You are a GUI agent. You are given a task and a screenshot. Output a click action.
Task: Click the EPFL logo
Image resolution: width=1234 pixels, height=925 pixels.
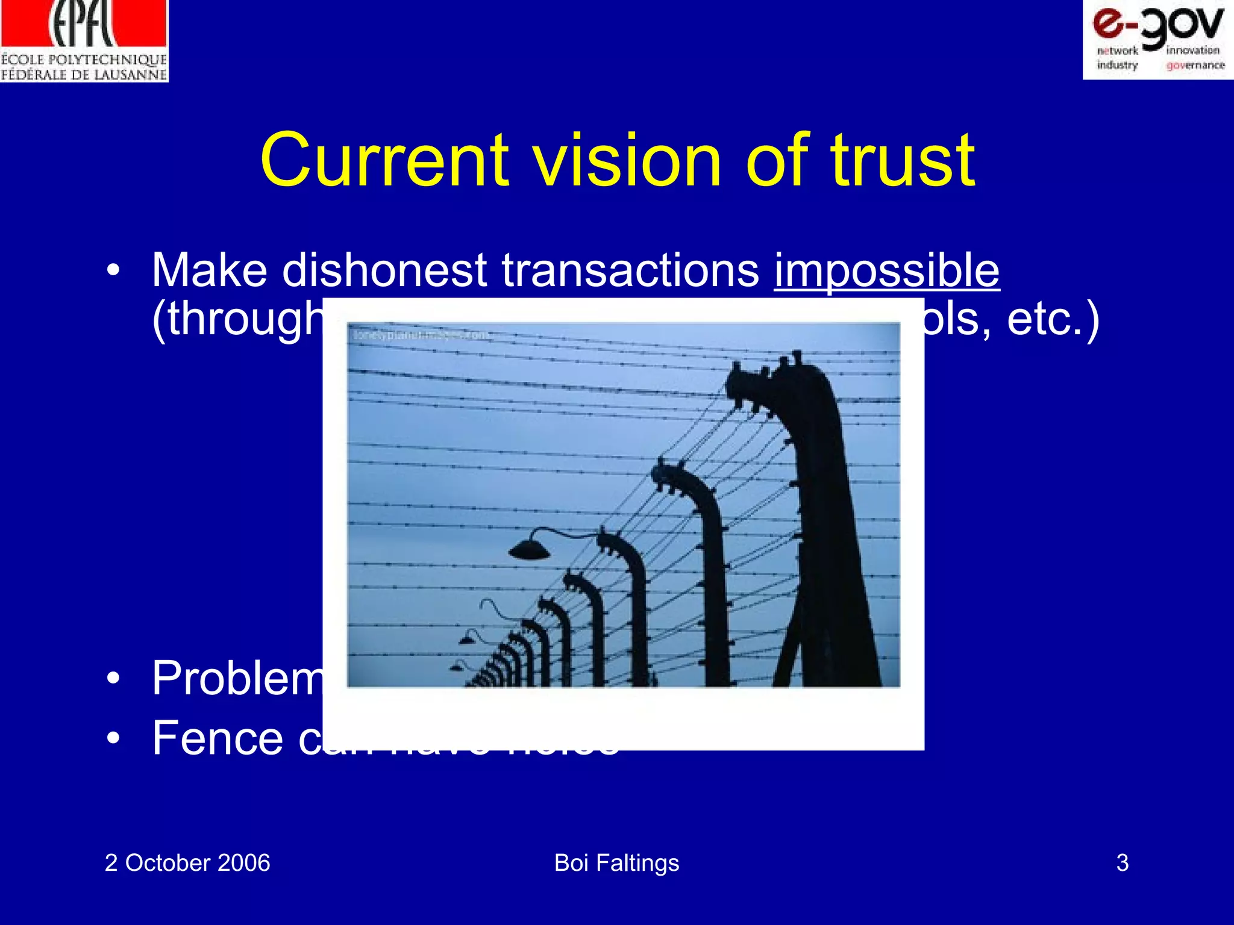tap(84, 40)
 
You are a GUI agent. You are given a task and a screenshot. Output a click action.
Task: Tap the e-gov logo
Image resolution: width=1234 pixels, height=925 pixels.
tap(1157, 39)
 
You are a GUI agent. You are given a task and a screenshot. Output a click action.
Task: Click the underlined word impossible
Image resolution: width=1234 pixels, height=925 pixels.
tap(886, 270)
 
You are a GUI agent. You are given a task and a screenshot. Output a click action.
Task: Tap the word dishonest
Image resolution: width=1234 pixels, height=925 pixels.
tap(384, 270)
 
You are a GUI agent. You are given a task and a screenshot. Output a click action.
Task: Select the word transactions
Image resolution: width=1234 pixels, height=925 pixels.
tap(630, 270)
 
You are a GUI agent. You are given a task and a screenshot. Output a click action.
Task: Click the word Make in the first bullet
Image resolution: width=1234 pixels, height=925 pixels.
tap(209, 270)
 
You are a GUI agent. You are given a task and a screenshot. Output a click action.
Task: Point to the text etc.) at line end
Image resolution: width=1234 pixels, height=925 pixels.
tap(1053, 319)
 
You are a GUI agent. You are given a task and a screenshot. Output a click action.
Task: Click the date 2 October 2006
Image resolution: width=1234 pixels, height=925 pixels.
tap(187, 863)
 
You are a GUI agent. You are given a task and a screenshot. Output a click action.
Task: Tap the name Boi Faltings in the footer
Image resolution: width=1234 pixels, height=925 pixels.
tap(616, 863)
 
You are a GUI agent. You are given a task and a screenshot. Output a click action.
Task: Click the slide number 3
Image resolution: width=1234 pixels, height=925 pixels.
tap(1122, 863)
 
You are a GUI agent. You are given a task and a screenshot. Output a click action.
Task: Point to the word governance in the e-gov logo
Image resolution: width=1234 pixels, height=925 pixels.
tap(1195, 65)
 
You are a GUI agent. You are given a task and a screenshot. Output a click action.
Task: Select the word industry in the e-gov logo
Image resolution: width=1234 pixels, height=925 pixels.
tap(1117, 65)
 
